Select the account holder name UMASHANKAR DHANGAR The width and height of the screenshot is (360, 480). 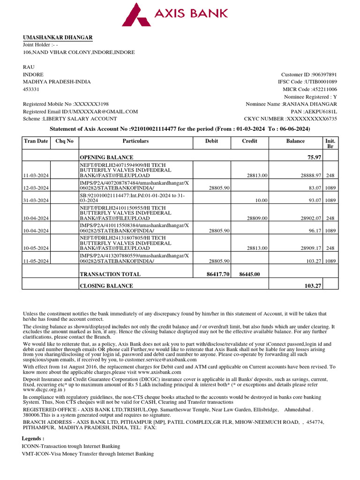(58, 37)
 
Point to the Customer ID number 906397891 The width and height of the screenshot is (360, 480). (324, 75)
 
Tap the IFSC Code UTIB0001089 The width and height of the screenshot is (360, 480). (322, 82)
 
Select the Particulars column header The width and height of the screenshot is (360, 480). (135, 141)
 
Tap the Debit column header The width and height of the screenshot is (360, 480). (211, 141)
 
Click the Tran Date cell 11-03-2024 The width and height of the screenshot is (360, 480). (36, 175)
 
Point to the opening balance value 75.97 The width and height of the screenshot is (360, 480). (314, 157)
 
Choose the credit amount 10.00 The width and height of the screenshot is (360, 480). (261, 201)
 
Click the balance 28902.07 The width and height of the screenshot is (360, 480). (311, 218)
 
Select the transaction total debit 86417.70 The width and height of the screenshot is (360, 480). (218, 274)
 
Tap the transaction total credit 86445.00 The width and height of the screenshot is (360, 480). (250, 274)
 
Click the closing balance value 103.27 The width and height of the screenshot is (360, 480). (313, 285)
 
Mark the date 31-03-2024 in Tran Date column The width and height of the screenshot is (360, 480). (36, 201)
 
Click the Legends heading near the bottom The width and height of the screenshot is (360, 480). (33, 438)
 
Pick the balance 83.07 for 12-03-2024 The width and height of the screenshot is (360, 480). (314, 188)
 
